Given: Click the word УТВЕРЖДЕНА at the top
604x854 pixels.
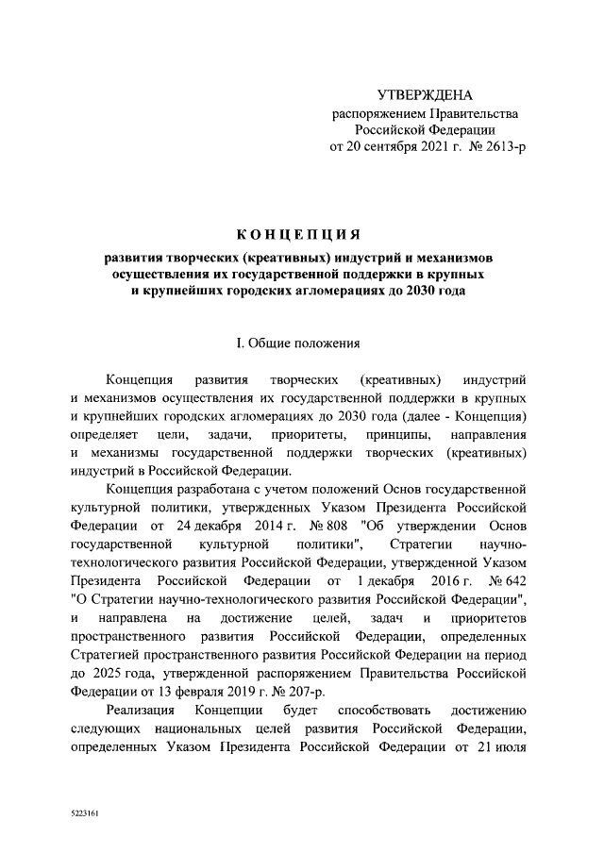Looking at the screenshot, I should coord(424,95).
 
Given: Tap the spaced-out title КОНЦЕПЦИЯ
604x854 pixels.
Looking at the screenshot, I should coord(298,235).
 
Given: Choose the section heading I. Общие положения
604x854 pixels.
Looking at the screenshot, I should coord(298,343).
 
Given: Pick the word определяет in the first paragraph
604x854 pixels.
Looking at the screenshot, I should coord(101,434).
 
